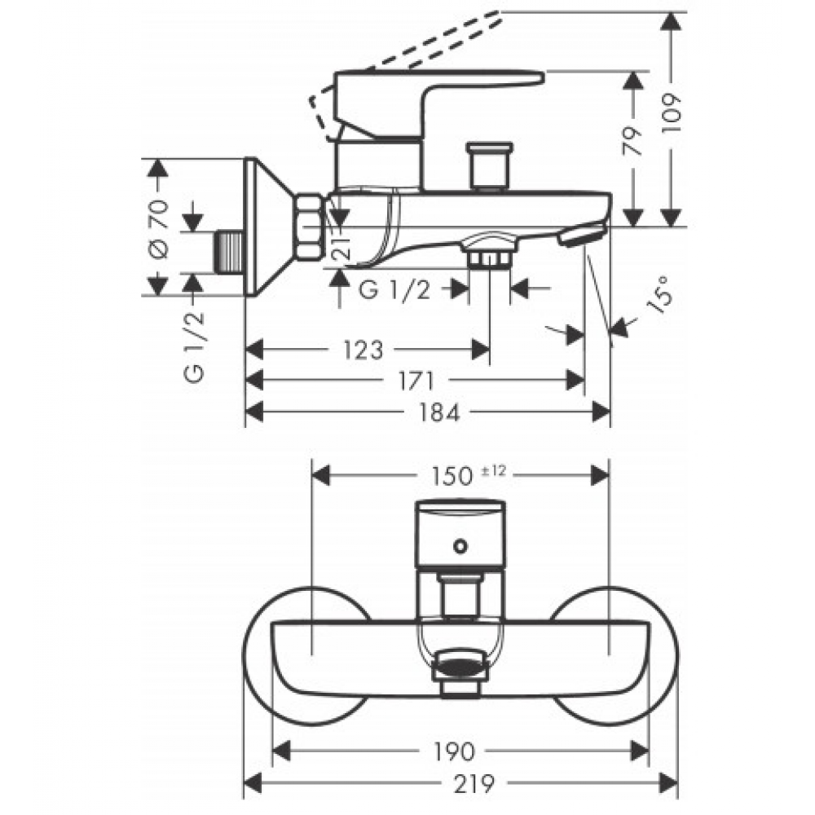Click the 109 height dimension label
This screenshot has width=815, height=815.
pyautogui.click(x=671, y=114)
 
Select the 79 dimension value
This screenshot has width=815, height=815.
pyautogui.click(x=632, y=141)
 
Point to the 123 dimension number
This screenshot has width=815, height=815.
pyautogui.click(x=363, y=350)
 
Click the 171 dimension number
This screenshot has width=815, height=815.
pyautogui.click(x=416, y=381)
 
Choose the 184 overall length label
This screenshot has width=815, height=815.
pyautogui.click(x=439, y=412)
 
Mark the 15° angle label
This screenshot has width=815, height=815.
pyautogui.click(x=661, y=294)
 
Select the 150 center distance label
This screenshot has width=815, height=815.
pyautogui.click(x=452, y=476)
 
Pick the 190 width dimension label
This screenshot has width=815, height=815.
pyautogui.click(x=454, y=751)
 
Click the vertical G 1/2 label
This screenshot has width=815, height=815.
pyautogui.click(x=195, y=347)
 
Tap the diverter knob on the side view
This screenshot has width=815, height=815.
pyautogui.click(x=489, y=166)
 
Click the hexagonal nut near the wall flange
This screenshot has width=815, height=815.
pyautogui.click(x=309, y=227)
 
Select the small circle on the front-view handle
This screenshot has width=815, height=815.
pyautogui.click(x=460, y=546)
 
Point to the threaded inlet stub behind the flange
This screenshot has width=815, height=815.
pyautogui.click(x=229, y=253)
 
